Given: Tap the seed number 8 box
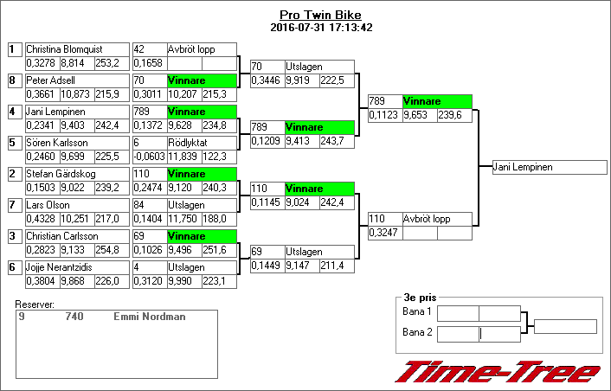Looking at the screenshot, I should tap(13, 80).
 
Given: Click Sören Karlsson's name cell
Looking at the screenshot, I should tap(57, 143).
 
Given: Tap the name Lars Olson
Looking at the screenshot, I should tap(48, 205).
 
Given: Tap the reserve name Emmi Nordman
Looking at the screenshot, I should tap(149, 317).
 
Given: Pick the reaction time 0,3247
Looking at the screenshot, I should tap(383, 233).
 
